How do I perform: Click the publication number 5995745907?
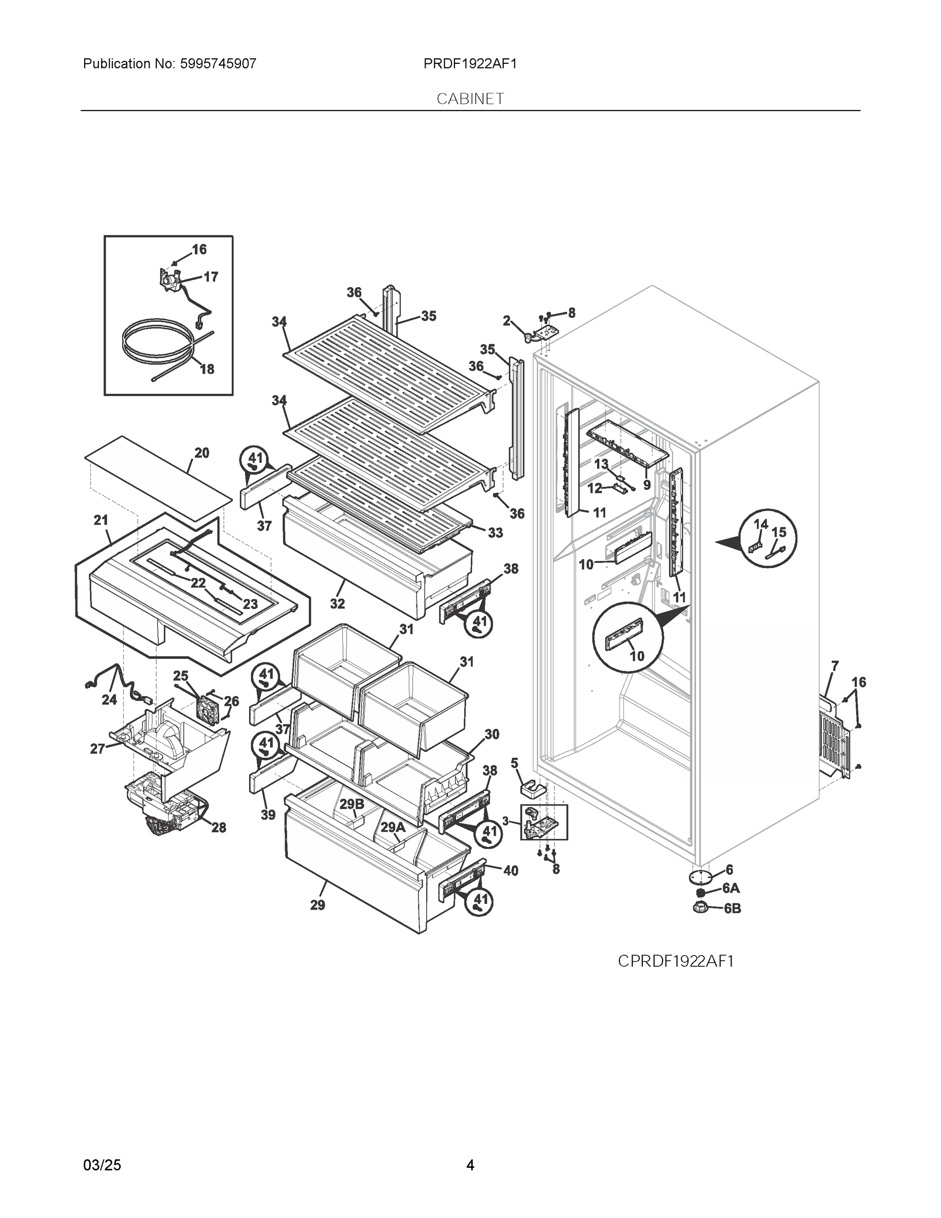(218, 64)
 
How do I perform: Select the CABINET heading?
(470, 99)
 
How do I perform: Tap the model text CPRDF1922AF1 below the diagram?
(675, 961)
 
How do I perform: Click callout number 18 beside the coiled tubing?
(207, 369)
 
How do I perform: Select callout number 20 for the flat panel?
(202, 453)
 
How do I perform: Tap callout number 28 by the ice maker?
(219, 828)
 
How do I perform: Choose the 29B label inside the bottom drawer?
(352, 804)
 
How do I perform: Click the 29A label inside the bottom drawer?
(393, 828)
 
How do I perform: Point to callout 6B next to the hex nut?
(732, 908)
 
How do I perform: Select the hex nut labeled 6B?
(701, 908)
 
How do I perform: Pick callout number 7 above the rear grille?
(834, 665)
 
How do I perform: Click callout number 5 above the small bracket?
(514, 762)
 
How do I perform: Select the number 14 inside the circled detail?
(760, 524)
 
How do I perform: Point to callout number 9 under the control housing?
(647, 485)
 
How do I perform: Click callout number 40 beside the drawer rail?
(511, 870)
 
